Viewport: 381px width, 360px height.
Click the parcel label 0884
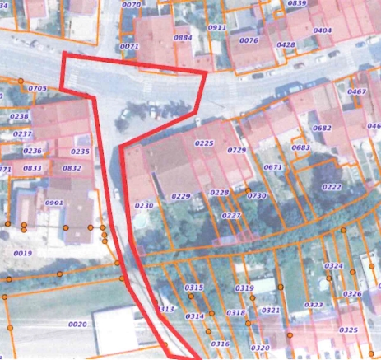coord(183,38)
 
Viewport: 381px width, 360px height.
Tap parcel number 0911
coord(217,27)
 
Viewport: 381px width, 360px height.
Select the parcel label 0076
coord(249,40)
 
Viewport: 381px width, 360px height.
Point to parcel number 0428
coord(286,44)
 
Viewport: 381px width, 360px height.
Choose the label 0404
coord(323,30)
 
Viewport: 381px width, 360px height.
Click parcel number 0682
coord(323,128)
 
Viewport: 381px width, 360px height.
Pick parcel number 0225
coord(204,143)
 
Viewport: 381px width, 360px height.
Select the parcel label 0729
coord(237,150)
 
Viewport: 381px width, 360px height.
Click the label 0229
coord(181,197)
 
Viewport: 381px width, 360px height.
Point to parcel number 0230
coord(144,205)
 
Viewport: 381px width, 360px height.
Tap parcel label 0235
coord(81,152)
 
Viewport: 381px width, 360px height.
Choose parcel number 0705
coord(37,87)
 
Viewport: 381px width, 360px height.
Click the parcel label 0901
coord(54,203)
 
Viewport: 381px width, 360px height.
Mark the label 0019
coord(23,254)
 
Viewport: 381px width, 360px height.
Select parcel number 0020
coord(77,325)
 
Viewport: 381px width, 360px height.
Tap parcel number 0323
coord(314,305)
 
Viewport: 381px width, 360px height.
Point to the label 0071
coord(129,47)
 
